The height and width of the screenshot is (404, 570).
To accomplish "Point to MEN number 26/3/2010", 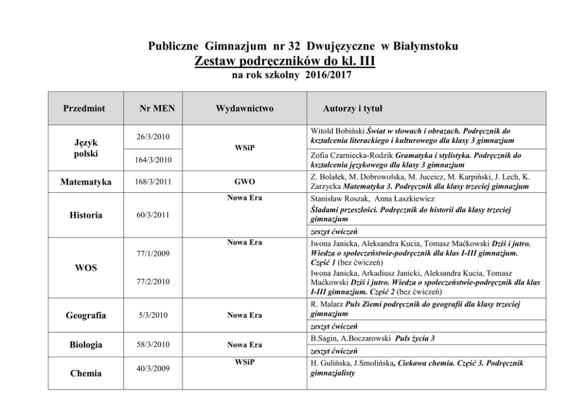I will (x=152, y=137).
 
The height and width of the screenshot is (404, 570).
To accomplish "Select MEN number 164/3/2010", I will (x=152, y=159).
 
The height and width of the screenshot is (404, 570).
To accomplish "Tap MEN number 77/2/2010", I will (x=152, y=282).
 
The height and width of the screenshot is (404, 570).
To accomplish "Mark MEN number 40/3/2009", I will (x=152, y=368).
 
